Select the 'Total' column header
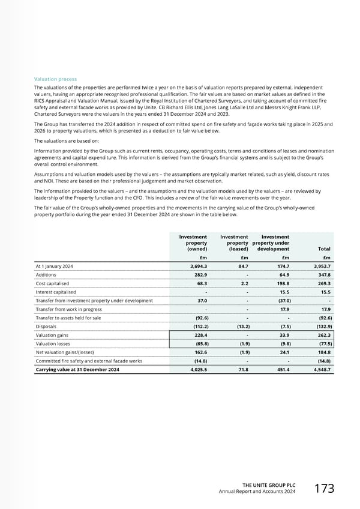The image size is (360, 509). (324, 248)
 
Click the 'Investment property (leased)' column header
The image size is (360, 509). (234, 242)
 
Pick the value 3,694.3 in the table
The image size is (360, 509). (195, 266)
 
